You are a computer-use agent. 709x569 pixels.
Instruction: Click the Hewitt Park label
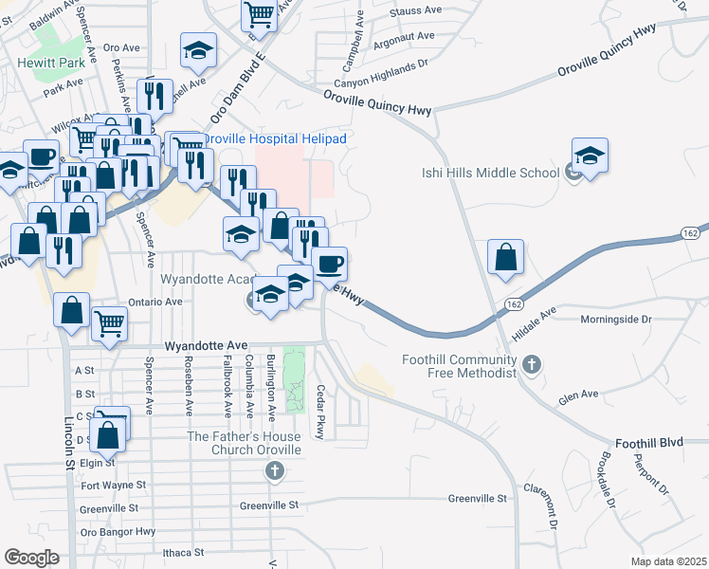45,64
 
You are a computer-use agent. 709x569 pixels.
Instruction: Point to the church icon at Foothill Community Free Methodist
532,363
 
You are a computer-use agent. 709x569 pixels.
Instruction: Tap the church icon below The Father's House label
275,469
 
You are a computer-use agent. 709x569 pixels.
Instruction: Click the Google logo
31,558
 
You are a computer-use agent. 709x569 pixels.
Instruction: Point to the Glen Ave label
579,394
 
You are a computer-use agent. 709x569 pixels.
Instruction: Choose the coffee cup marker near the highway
329,263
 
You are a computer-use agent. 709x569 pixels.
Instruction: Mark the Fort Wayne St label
113,486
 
